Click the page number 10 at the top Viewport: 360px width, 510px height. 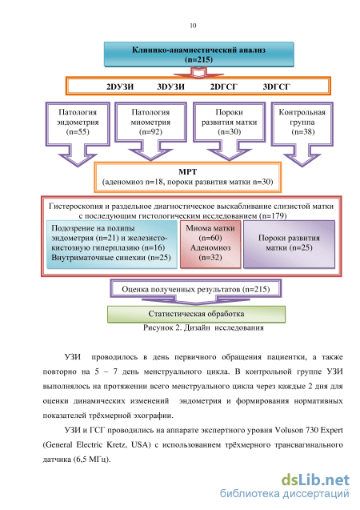(193, 26)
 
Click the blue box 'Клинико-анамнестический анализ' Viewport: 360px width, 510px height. (199, 54)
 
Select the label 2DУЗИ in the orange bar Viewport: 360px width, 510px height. (120, 86)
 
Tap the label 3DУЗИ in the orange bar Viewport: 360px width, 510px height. (171, 86)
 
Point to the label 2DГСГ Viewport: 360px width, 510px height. (224, 86)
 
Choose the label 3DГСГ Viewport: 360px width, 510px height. (277, 86)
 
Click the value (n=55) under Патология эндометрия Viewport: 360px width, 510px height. (78, 132)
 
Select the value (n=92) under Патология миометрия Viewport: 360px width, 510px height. (150, 132)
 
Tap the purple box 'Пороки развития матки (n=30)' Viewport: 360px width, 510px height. (230, 122)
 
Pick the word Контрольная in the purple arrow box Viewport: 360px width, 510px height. (302, 113)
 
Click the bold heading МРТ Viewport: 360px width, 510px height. (187, 171)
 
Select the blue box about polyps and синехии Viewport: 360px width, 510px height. (112, 244)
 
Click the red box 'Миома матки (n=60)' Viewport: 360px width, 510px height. (210, 244)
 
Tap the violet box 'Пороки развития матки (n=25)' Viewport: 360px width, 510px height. (289, 244)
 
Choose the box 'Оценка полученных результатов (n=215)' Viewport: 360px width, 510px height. (195, 289)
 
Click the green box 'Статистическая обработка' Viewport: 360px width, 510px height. (196, 314)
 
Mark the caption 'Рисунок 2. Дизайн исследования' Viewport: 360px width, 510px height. (203, 327)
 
